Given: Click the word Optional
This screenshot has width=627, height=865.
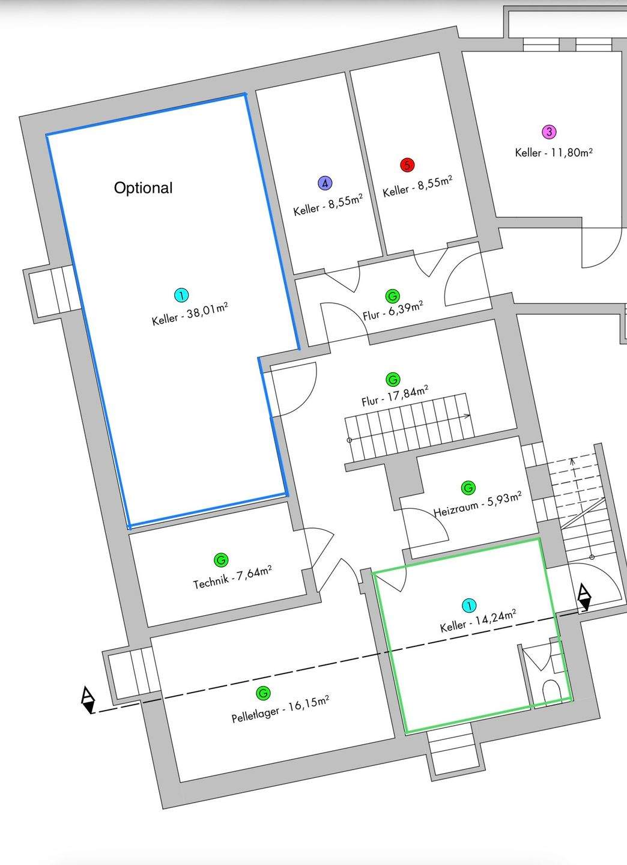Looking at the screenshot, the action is [x=143, y=188].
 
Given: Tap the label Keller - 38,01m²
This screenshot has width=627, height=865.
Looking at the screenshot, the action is [x=190, y=314].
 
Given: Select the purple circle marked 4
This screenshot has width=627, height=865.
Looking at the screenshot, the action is [x=324, y=183].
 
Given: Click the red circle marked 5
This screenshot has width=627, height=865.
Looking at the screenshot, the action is [x=407, y=165].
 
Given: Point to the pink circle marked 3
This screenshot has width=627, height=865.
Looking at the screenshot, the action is [x=548, y=132].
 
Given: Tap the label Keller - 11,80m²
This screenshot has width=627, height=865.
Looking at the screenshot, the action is [x=554, y=153].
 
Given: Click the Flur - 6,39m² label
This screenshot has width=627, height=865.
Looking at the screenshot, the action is [x=393, y=311].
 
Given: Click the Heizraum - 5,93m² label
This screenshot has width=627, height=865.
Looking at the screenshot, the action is [x=477, y=505].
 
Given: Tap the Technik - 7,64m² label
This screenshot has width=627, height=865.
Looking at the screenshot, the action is [x=232, y=578].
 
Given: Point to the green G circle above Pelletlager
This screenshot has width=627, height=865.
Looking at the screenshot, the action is [x=262, y=693].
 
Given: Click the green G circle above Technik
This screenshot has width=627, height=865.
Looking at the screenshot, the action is [x=220, y=560].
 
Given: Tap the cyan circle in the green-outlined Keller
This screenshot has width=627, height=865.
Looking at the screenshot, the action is [x=469, y=605].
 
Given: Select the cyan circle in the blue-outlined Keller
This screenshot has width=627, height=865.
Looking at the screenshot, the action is [x=181, y=296].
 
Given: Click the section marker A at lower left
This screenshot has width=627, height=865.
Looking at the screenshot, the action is [x=88, y=700].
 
